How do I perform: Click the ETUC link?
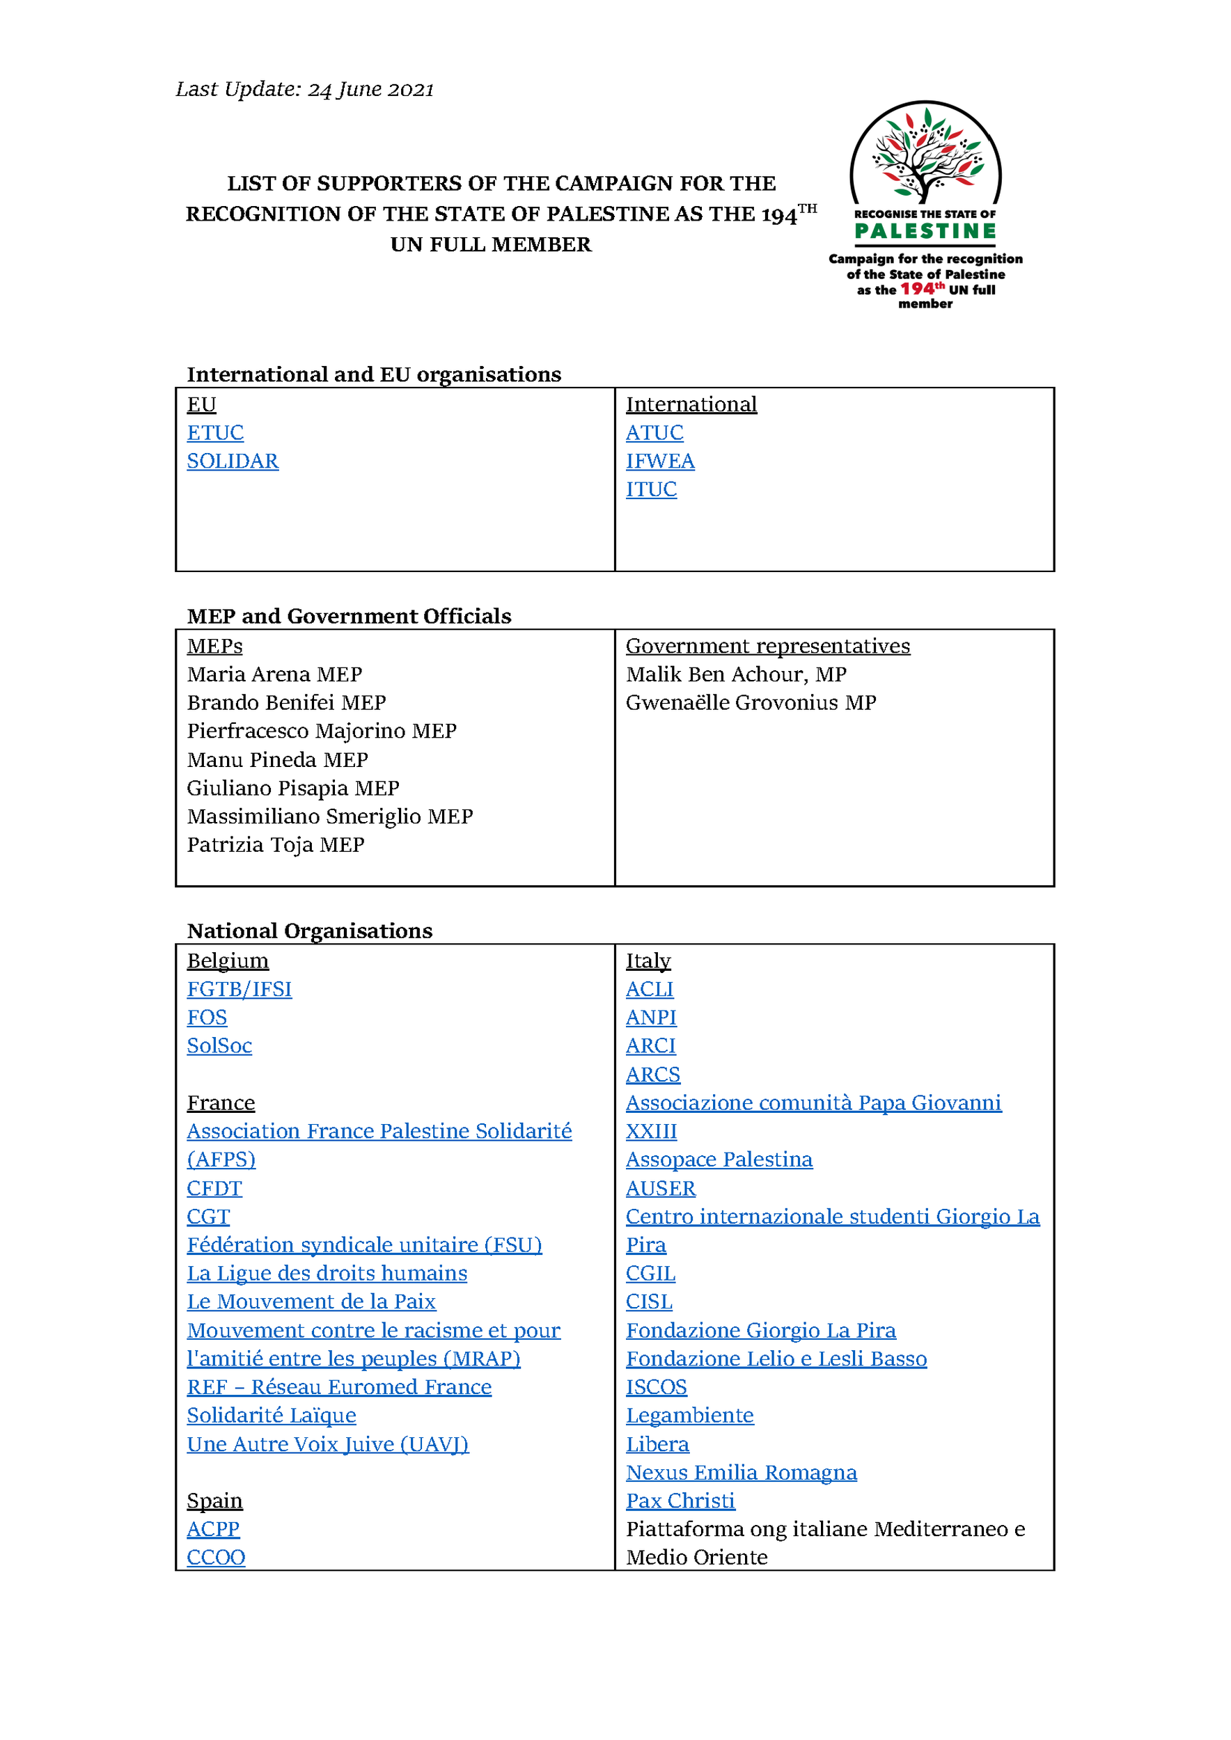(x=215, y=433)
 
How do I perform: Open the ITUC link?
(x=651, y=489)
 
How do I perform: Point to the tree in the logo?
(x=925, y=155)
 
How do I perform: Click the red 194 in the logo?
(x=917, y=289)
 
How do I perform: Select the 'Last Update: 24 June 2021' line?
(x=305, y=89)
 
